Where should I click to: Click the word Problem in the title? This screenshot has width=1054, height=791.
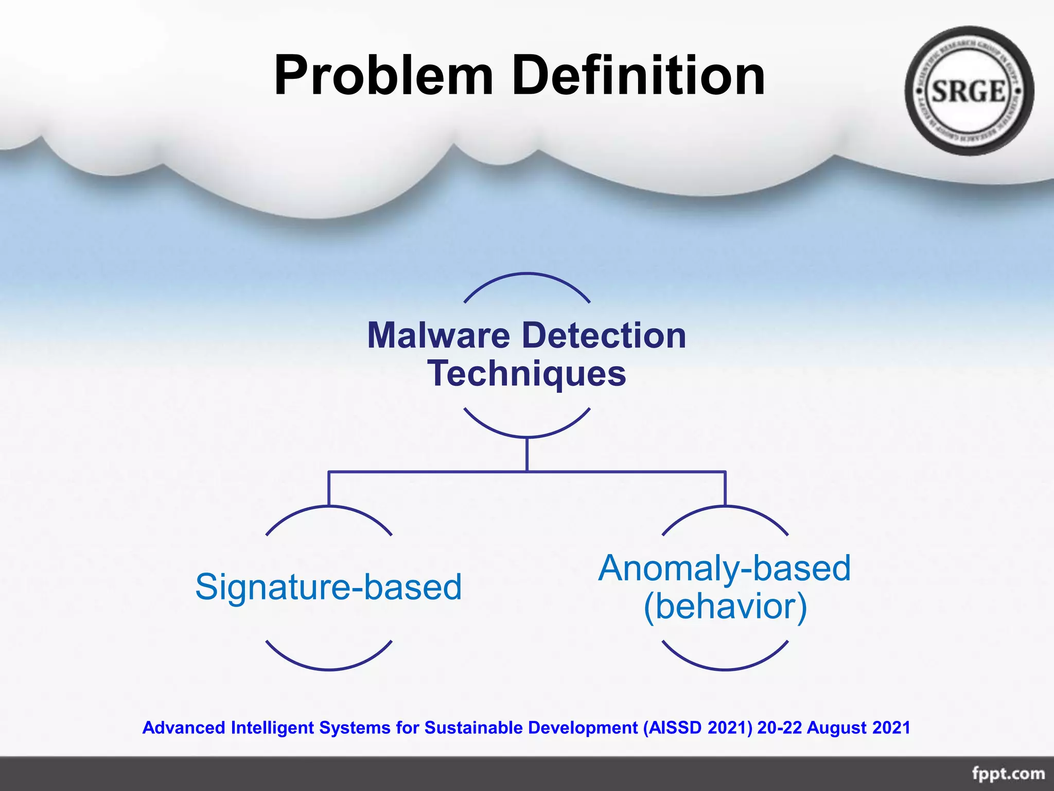(383, 76)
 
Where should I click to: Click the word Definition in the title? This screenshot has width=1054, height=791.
(638, 76)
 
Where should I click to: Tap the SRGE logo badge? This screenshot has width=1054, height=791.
(969, 91)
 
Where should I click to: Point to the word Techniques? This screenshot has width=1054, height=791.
(526, 374)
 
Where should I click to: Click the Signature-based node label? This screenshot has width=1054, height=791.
(328, 587)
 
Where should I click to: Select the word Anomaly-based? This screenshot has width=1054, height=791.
(724, 569)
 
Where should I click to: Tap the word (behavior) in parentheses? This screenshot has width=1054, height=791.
(725, 607)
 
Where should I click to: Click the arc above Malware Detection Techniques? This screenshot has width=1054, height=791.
(526, 274)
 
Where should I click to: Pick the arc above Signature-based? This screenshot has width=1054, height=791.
(329, 507)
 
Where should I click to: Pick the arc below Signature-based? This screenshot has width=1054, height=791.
(329, 669)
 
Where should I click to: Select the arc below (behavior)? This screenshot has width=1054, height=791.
(725, 669)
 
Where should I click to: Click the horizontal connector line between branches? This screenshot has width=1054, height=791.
(427, 471)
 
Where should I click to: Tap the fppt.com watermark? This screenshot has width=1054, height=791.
(1008, 773)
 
